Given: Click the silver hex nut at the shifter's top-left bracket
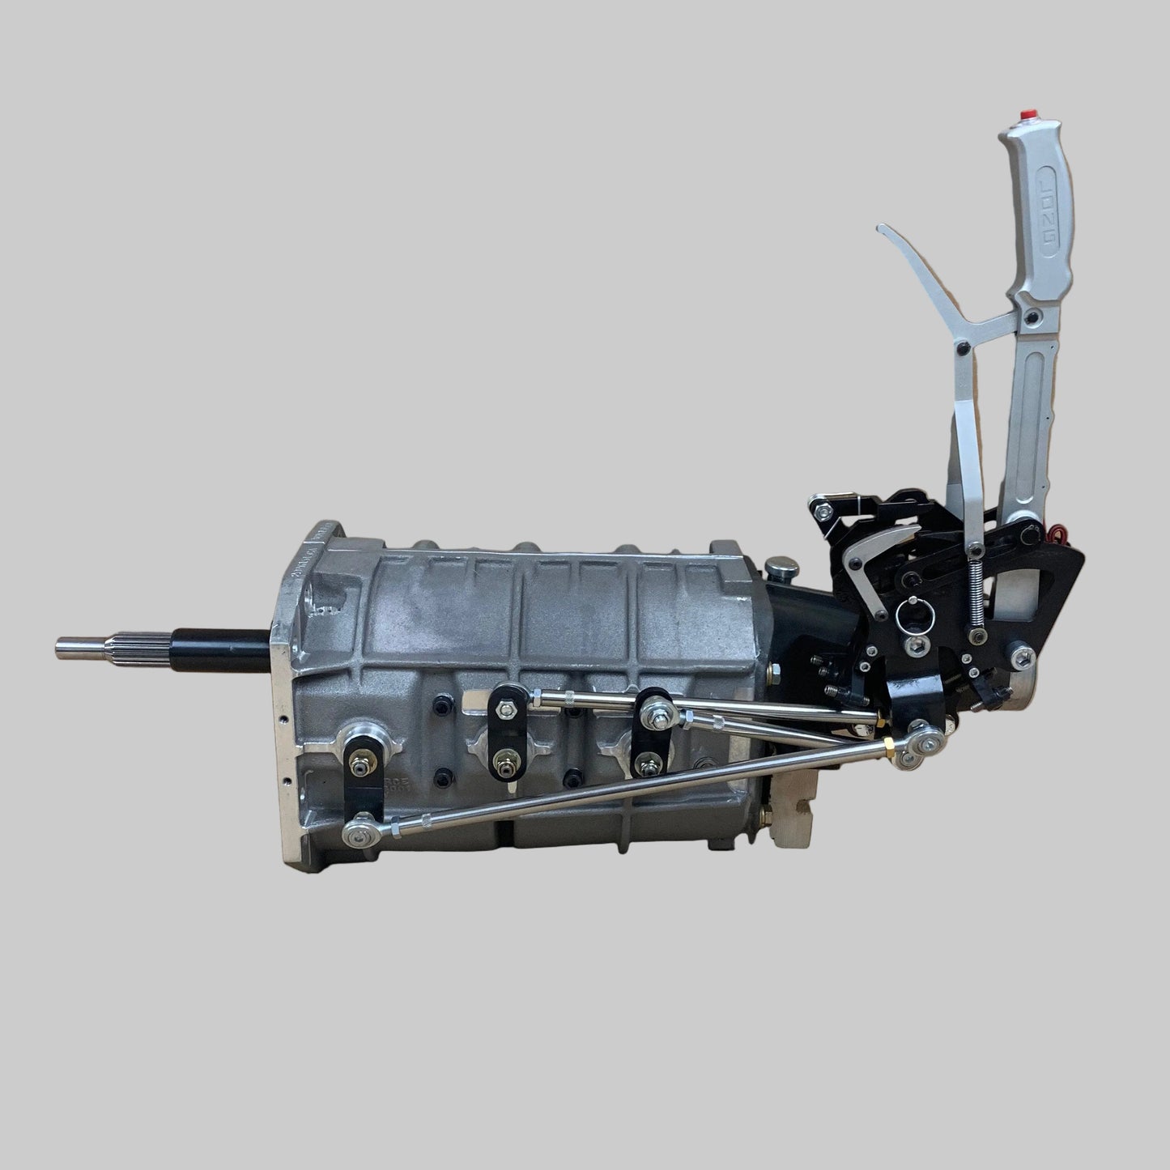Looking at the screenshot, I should (823, 510).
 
